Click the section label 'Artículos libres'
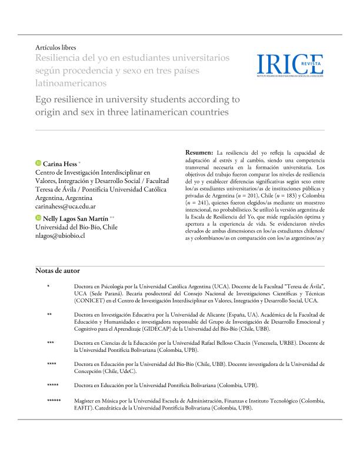pyautogui.click(x=56, y=47)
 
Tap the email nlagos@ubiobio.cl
pyautogui.click(x=61, y=235)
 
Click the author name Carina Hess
pyautogui.click(x=61, y=162)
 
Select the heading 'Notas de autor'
pyautogui.click(x=58, y=271)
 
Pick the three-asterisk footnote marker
pyautogui.click(x=51, y=342)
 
